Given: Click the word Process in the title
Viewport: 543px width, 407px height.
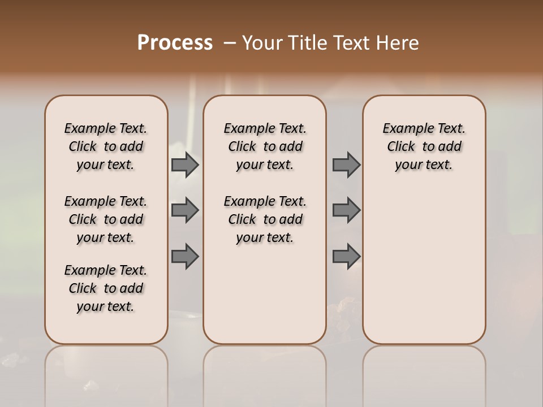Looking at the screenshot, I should pos(175,43).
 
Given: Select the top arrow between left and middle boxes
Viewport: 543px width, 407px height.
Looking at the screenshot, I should pos(184,164).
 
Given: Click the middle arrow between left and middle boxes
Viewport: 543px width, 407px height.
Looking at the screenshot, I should pos(184,210).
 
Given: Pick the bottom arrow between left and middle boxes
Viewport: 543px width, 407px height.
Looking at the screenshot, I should pos(184,256).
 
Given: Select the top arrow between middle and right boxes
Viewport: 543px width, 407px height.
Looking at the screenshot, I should pos(346,164).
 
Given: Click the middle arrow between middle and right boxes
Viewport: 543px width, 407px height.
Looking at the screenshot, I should pos(346,210).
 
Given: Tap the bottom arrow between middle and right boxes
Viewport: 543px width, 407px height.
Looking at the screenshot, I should pos(346,256).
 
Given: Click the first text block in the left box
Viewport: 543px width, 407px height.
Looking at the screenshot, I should pos(106,146).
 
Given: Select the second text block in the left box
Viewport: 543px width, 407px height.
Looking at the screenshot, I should pos(106,219).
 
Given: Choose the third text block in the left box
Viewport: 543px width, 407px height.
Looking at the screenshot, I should pos(106,288).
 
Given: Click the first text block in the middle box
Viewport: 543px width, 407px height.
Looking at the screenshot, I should pos(265,146).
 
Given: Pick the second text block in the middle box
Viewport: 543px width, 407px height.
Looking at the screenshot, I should pos(265,219).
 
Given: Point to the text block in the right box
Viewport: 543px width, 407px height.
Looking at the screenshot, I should pos(424,146).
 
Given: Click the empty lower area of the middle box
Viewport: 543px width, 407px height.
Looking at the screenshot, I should pos(265,294).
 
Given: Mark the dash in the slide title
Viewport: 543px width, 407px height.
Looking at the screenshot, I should pos(230,43).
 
